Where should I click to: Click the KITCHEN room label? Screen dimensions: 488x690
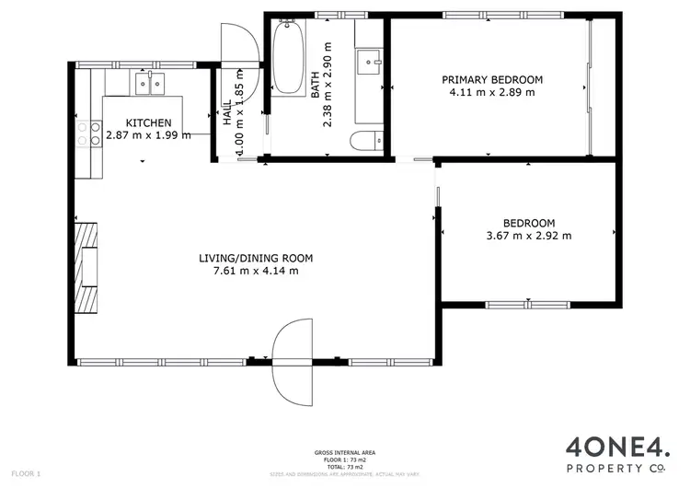[148, 122]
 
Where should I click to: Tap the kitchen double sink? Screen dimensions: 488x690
[147, 85]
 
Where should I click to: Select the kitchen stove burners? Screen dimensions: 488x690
[94, 134]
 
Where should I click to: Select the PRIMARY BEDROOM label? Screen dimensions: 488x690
[490, 80]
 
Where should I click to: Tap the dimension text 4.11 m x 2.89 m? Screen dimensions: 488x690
[490, 92]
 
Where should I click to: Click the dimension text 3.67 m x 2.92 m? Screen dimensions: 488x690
[529, 236]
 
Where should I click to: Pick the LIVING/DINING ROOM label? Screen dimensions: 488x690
[256, 258]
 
